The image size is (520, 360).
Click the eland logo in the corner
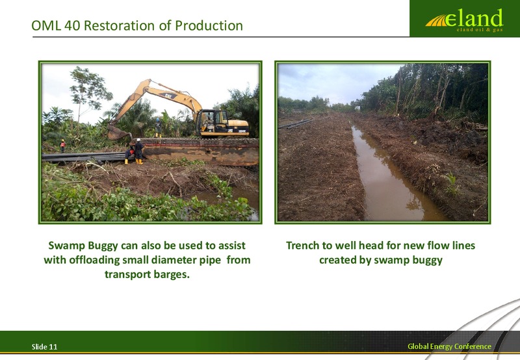pos(464,20)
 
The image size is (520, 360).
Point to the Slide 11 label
pos(44,347)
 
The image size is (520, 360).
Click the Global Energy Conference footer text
pos(449,346)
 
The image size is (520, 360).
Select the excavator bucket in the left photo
pos(118,133)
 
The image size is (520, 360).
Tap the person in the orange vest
pos(62,146)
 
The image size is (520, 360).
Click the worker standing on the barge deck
pos(158,127)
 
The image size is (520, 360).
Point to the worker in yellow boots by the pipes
pos(138,151)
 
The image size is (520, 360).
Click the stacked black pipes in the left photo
pos(84,157)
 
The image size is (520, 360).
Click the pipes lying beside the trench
pos(294,123)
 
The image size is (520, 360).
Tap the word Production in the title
pos(209,25)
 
